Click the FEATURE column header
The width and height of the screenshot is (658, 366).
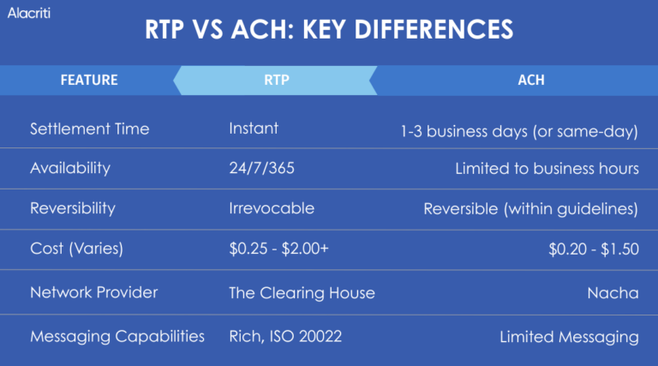coord(89,81)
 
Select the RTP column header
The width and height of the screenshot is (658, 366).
coord(276,81)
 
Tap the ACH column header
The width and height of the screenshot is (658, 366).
coord(531,81)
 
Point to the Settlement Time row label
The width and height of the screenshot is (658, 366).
coord(89,129)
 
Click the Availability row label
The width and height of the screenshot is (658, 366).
coord(69,168)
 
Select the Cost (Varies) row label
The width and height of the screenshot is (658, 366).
coord(77,249)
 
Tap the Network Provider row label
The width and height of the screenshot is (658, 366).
coord(93,292)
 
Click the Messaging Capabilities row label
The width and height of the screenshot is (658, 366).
coord(117,337)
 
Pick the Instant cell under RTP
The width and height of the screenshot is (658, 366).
coord(254,129)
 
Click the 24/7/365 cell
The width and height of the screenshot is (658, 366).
coord(261,168)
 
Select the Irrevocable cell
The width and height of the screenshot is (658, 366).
coord(272,208)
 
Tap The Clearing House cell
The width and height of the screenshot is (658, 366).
coord(302,292)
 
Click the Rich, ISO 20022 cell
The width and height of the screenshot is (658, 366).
coord(285,337)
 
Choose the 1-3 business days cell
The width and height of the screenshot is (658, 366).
coord(519,130)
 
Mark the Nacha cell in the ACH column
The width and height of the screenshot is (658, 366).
coord(613,292)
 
